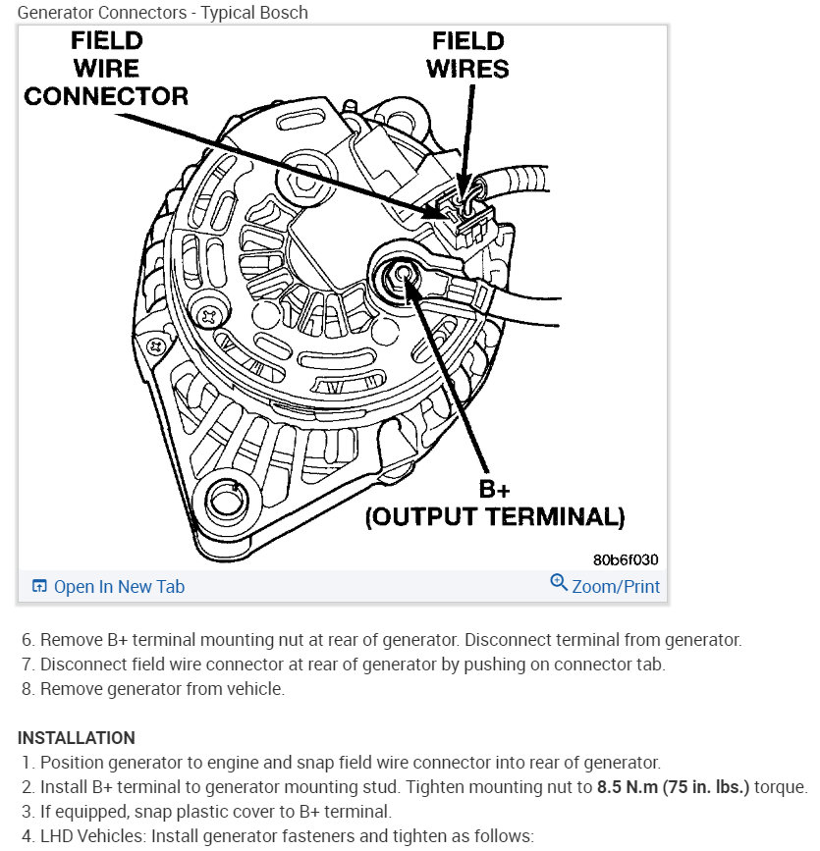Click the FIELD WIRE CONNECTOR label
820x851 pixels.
106,69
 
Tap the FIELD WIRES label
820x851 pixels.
468,55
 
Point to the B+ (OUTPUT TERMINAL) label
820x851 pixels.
494,503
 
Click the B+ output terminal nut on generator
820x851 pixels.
402,272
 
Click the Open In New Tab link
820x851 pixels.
119,587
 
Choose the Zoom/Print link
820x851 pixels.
616,587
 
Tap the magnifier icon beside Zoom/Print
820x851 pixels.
559,583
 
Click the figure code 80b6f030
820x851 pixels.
626,559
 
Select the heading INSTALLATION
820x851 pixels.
77,738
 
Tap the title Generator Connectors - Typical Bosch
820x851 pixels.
162,13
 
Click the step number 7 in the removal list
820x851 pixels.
27,665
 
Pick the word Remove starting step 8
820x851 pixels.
69,689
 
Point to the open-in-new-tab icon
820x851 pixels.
39,587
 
